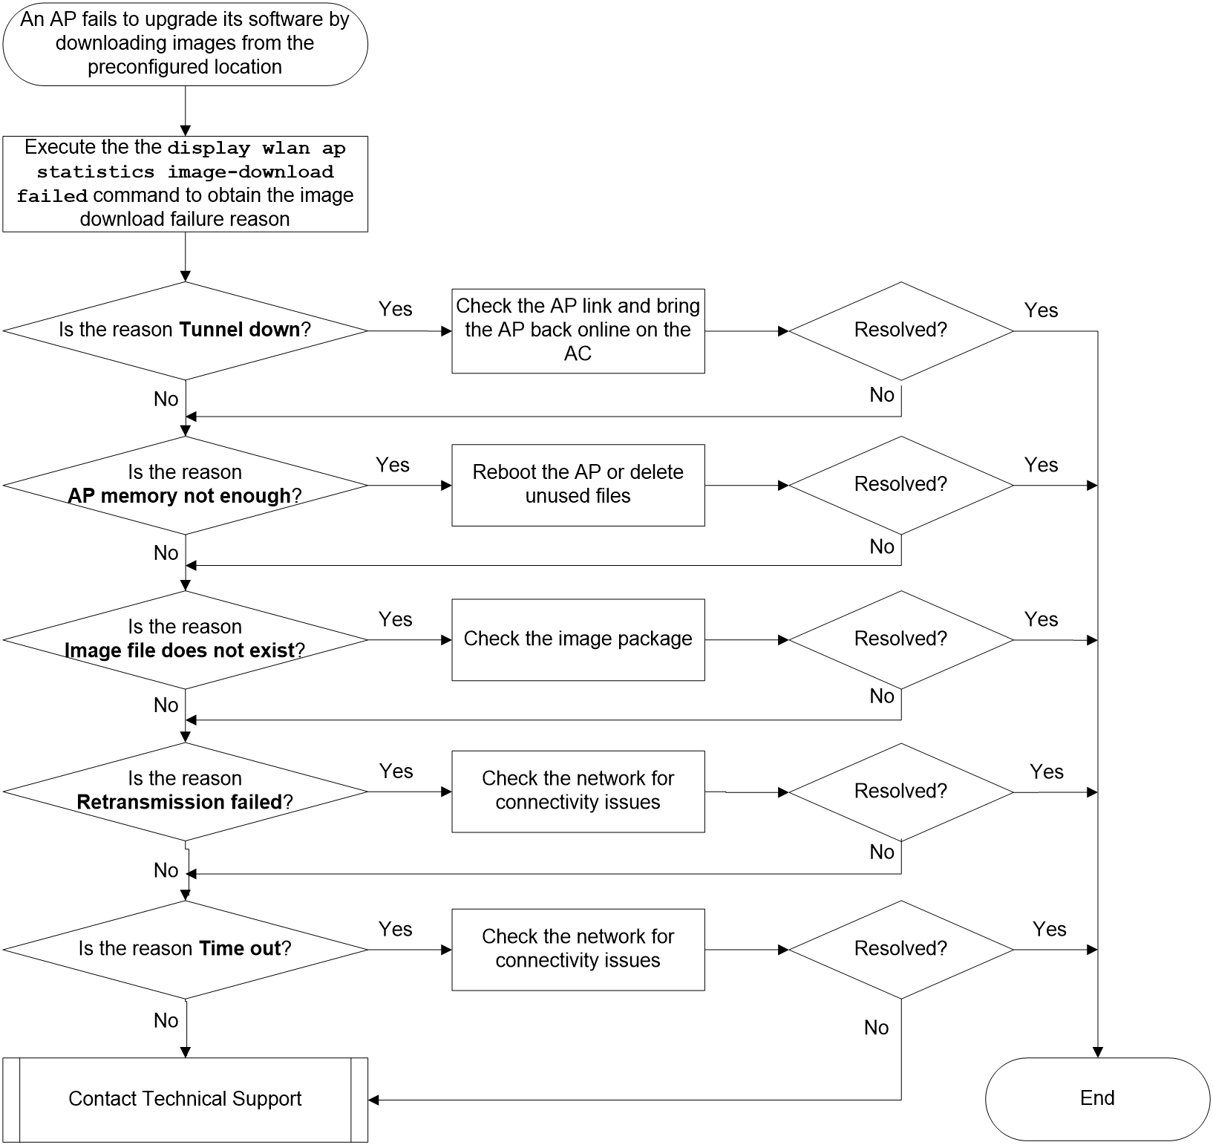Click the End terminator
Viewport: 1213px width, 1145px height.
tap(1097, 1098)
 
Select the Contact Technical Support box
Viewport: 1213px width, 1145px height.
tap(185, 1099)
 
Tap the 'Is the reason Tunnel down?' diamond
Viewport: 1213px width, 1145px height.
tap(185, 330)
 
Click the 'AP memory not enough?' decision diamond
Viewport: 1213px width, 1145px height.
tap(185, 485)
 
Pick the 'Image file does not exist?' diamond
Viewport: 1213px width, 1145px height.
tap(185, 639)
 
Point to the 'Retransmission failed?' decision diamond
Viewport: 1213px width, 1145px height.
tap(185, 792)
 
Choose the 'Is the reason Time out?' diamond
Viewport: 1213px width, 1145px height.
tap(185, 949)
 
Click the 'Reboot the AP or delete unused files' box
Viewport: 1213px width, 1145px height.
tap(578, 485)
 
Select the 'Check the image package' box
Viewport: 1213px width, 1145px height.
tap(578, 639)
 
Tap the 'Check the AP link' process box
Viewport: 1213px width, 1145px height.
tap(578, 330)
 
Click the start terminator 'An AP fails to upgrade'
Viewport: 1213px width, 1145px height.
tap(185, 43)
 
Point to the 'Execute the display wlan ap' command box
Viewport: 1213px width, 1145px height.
tap(185, 183)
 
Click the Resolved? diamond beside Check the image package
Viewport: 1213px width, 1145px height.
tap(900, 639)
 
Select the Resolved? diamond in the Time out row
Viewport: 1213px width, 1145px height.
tap(900, 949)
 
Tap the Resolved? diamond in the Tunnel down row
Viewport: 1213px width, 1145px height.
tap(900, 330)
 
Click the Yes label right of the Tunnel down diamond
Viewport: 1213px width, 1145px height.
tap(395, 309)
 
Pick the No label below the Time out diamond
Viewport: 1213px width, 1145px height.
tap(166, 1020)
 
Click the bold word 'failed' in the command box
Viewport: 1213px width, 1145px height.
tap(52, 196)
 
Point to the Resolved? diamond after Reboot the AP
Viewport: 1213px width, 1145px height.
tap(900, 485)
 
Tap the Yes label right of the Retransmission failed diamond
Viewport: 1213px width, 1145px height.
tap(396, 772)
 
